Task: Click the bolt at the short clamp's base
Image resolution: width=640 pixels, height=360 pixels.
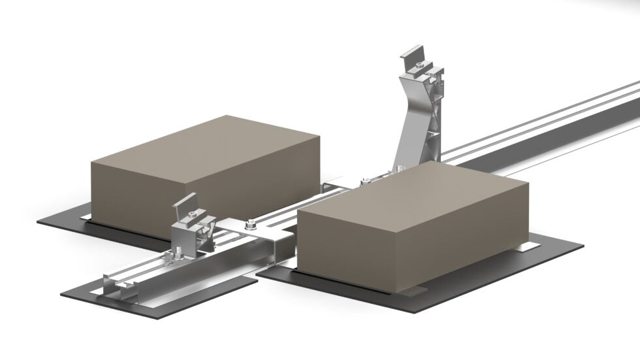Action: pyautogui.click(x=180, y=251)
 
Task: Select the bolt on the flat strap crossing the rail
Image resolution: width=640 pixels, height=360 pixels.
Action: pyautogui.click(x=251, y=227)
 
